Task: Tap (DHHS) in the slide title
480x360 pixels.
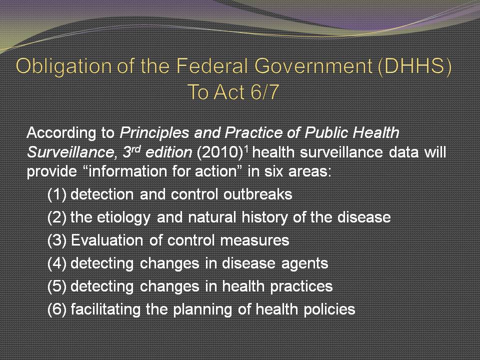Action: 415,66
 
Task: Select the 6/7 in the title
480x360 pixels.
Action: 264,92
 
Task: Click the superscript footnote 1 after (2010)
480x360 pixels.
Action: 245,149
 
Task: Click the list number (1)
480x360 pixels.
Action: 57,194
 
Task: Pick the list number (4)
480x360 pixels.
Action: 57,263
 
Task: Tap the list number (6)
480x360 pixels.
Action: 57,309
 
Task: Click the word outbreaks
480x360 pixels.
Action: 258,194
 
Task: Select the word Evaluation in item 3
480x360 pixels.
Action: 107,240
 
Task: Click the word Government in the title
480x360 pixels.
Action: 313,65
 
